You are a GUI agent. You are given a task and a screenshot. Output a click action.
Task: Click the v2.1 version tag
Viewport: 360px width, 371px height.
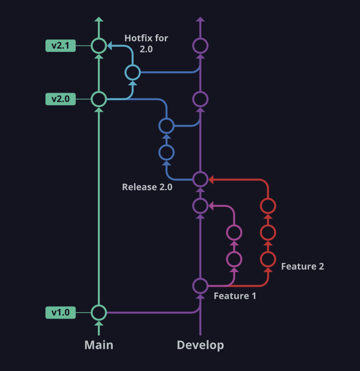[x=60, y=45]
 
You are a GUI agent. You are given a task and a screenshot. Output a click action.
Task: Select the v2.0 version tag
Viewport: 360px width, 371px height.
[x=60, y=99]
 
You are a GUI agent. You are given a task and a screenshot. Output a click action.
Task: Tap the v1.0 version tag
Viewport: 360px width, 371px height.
[x=60, y=313]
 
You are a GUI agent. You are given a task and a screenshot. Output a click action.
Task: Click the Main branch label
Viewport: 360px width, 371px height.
[x=99, y=345]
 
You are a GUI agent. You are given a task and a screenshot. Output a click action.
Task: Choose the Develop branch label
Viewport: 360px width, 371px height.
[x=200, y=345]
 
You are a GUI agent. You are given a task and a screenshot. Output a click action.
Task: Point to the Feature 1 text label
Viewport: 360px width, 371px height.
[x=235, y=296]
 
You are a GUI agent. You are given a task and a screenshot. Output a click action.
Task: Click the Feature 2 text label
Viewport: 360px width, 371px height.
[x=302, y=266]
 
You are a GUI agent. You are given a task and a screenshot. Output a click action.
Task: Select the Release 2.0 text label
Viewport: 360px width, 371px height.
[x=147, y=187]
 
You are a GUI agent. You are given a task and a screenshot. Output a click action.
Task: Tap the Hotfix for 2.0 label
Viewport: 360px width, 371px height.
[x=146, y=43]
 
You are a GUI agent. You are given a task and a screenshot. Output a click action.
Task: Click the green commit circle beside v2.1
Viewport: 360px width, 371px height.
[x=98, y=45]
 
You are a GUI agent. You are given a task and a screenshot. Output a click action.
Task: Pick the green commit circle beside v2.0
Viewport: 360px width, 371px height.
[x=98, y=99]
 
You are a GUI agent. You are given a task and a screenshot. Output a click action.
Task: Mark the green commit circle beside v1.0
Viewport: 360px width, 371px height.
[x=98, y=313]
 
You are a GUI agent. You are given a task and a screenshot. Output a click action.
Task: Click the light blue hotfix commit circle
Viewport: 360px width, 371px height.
[x=133, y=72]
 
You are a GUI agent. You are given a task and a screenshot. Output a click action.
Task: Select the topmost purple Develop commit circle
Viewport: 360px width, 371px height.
[x=200, y=45]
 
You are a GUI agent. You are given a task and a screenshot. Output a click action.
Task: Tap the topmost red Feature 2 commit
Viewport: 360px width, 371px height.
[x=268, y=205]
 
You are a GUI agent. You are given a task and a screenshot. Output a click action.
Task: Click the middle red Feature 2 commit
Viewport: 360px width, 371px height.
[x=268, y=231]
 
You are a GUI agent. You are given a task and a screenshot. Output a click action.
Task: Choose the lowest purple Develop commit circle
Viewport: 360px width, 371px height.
[x=200, y=286]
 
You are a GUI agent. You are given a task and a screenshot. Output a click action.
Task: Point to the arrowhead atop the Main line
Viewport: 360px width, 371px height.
[x=98, y=19]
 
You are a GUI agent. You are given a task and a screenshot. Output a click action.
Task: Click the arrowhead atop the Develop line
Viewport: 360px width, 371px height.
[x=200, y=19]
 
